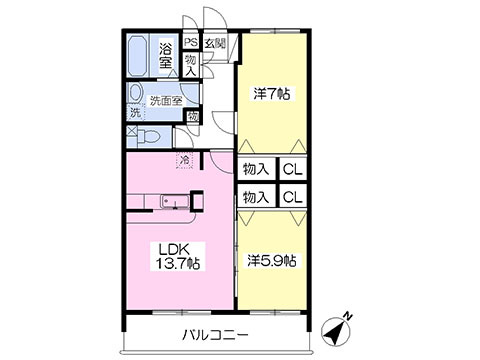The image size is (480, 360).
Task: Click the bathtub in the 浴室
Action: click(x=139, y=55)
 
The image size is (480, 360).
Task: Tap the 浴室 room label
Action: click(x=166, y=56)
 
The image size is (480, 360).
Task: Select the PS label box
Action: click(x=191, y=42)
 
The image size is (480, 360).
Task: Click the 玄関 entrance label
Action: click(x=215, y=43)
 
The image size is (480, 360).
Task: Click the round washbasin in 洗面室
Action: click(x=134, y=93)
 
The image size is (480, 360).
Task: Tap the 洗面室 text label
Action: click(x=166, y=101)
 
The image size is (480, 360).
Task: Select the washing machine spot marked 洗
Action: click(x=135, y=113)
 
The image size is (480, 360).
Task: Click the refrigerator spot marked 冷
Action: click(x=184, y=160)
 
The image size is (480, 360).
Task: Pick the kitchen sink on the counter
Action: click(x=175, y=202)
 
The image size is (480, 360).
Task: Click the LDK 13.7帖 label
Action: click(x=177, y=256)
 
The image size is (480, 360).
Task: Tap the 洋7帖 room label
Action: click(x=272, y=94)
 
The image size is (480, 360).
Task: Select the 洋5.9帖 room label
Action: click(x=272, y=261)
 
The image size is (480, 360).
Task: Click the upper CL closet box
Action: click(x=293, y=169)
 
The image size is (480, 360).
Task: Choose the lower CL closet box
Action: click(x=293, y=197)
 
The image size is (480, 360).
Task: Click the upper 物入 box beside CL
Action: click(x=257, y=169)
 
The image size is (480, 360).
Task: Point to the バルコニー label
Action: click(x=215, y=334)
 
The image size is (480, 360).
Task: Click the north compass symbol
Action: click(x=336, y=330)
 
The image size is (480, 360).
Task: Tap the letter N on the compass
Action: click(x=348, y=316)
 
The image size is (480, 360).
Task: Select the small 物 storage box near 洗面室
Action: click(x=193, y=117)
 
